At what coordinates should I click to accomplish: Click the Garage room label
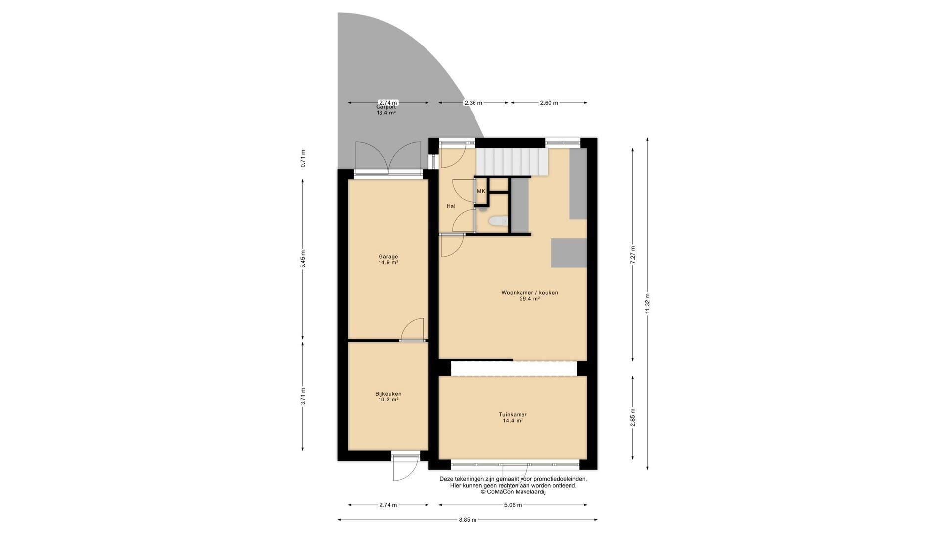[x=388, y=260]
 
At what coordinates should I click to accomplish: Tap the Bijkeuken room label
[x=388, y=397]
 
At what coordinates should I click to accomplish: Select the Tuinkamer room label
[x=513, y=418]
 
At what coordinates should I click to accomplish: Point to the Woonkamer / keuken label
[x=529, y=296]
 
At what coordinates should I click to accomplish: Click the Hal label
[x=451, y=206]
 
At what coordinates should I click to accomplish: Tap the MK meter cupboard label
[x=481, y=191]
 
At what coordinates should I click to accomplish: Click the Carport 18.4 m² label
[x=386, y=110]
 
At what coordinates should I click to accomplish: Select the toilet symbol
[x=496, y=222]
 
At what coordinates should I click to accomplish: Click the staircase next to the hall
[x=512, y=162]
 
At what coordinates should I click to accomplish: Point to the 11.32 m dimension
[x=648, y=304]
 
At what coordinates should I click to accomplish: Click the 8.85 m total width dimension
[x=467, y=520]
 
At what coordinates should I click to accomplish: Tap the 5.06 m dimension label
[x=513, y=505]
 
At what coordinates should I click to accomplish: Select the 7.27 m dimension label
[x=633, y=256]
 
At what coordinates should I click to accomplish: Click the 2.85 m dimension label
[x=633, y=418]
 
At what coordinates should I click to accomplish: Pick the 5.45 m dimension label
[x=303, y=259]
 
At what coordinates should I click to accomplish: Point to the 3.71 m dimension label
[x=303, y=396]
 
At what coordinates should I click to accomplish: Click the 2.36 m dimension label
[x=473, y=103]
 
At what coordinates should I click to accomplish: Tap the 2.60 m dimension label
[x=549, y=103]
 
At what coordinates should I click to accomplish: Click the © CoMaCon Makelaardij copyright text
[x=513, y=492]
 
